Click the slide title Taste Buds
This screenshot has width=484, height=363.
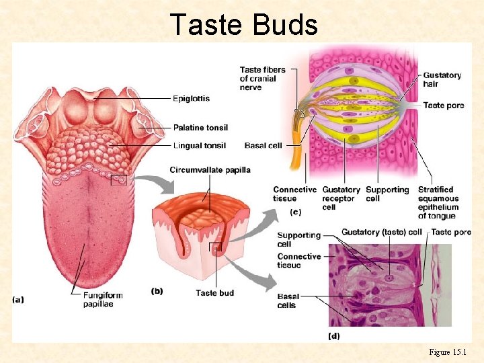243,24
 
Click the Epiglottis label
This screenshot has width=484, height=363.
191,98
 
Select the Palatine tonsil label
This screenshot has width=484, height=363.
200,127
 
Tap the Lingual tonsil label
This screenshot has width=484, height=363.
199,145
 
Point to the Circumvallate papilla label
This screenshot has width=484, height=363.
210,170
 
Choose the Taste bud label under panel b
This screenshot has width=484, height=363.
215,292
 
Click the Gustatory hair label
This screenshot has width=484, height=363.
442,79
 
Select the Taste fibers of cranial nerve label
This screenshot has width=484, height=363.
263,78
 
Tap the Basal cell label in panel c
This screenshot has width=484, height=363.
264,145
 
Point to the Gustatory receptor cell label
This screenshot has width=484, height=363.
341,198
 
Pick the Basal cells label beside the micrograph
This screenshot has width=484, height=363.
288,300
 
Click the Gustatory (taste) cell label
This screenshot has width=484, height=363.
382,232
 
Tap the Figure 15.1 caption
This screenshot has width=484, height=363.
452,352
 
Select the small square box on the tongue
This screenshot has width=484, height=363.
118,179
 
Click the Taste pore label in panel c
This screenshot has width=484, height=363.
443,106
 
